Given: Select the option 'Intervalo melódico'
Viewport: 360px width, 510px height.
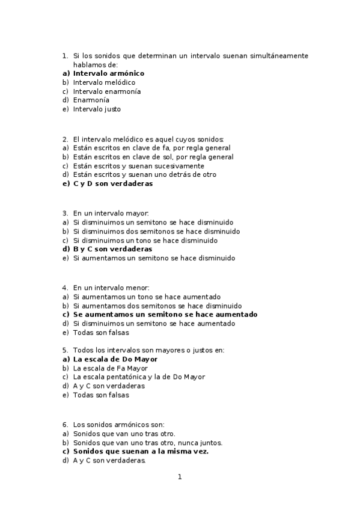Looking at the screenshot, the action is pyautogui.click(x=104, y=82).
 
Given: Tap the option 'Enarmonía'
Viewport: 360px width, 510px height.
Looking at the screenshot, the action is pyautogui.click(x=91, y=100).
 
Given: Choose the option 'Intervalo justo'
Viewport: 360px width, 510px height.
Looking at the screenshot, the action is pyautogui.click(x=97, y=109).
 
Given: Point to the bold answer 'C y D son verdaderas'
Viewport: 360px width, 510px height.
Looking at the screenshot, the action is pyautogui.click(x=112, y=184).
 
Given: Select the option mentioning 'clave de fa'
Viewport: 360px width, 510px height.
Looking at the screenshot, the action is pyautogui.click(x=151, y=148).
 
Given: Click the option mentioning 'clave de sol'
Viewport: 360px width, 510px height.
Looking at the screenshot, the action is pyautogui.click(x=153, y=157).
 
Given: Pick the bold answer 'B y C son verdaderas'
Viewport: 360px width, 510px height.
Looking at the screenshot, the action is pyautogui.click(x=112, y=249).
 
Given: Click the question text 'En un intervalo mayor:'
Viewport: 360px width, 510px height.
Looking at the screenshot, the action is pyautogui.click(x=111, y=213).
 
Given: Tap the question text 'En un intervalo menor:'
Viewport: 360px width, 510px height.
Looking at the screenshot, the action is pyautogui.click(x=111, y=287).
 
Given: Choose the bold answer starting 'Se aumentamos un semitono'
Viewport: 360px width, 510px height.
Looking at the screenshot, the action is pyautogui.click(x=165, y=315).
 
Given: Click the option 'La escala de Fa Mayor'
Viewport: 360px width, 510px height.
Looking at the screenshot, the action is pyautogui.click(x=110, y=368).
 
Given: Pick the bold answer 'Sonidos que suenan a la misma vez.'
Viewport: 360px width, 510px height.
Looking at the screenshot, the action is pyautogui.click(x=141, y=451).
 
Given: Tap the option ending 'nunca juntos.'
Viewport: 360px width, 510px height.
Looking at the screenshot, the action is pyautogui.click(x=147, y=442).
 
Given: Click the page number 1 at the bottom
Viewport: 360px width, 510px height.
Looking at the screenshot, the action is pyautogui.click(x=179, y=478).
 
